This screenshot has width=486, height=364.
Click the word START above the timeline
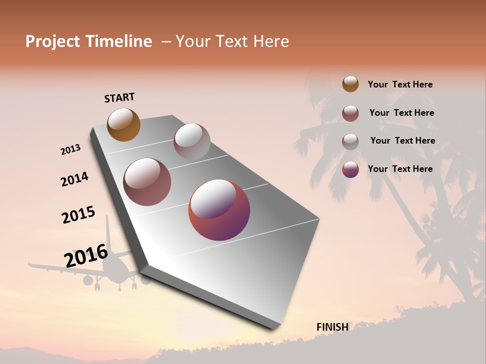point(119,98)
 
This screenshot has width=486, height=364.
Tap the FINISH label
point(332,327)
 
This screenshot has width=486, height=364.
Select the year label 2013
point(70,150)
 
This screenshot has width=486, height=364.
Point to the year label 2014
point(74,179)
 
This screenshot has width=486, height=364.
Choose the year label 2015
point(78,215)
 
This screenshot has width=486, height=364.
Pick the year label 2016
point(86,256)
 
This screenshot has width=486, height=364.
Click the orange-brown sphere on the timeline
point(124,124)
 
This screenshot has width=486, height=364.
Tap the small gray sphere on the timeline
point(192,142)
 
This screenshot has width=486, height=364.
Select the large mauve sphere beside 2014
point(147,182)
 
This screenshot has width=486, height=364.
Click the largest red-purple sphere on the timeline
point(219,210)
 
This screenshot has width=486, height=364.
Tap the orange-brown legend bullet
point(350,84)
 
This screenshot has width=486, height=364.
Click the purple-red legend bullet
point(350,169)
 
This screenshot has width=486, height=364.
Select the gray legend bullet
point(350,142)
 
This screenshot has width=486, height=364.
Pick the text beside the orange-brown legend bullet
point(400,84)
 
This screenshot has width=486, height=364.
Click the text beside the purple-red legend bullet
point(400,169)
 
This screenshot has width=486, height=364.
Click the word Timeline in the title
point(118,41)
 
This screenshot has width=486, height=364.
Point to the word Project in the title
point(53,42)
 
